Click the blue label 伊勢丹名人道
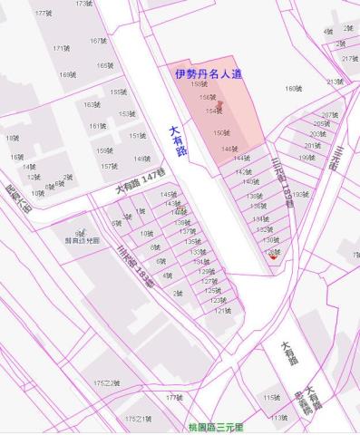point(209,72)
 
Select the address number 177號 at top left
point(43,14)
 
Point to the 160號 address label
point(292,88)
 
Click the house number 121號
point(222,310)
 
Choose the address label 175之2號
point(107,383)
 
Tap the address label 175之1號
point(138,419)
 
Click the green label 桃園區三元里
point(215,427)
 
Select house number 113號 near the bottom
point(278,418)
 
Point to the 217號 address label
point(349,59)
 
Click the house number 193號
point(299,194)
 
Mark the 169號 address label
point(67,75)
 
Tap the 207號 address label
point(328,115)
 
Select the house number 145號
point(168,194)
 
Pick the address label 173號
point(83,4)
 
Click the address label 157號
point(109,166)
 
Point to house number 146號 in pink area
point(229,149)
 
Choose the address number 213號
point(335,82)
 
